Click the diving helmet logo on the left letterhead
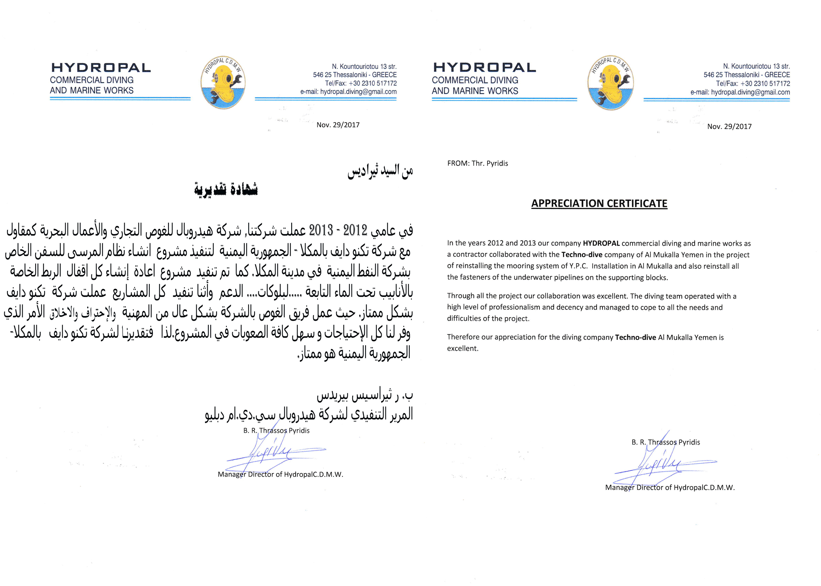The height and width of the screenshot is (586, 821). pos(223,82)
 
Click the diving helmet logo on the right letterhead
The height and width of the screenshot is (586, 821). pos(610,82)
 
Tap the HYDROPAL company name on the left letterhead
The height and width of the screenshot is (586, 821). pos(101,68)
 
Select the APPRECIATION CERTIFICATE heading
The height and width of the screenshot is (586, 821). pos(599,204)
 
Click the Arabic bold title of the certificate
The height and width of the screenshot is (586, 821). pos(226,189)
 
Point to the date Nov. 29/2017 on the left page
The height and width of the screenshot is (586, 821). pos(338,125)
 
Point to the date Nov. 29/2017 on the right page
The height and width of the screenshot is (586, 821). pos(729,127)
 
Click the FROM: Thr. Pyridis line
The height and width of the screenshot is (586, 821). pos(477,163)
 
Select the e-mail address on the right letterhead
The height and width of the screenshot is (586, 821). pos(750,93)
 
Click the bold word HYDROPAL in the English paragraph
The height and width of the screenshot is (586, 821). pos(601,243)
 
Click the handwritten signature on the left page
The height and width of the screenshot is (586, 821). pos(274,453)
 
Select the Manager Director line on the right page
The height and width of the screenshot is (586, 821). pos(670,488)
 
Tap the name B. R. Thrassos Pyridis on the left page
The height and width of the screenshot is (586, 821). pos(276,431)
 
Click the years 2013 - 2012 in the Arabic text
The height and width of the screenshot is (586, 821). pos(338,230)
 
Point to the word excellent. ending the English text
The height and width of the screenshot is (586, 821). pos(462,348)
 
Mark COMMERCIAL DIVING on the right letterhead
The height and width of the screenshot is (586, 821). pos(475,80)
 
